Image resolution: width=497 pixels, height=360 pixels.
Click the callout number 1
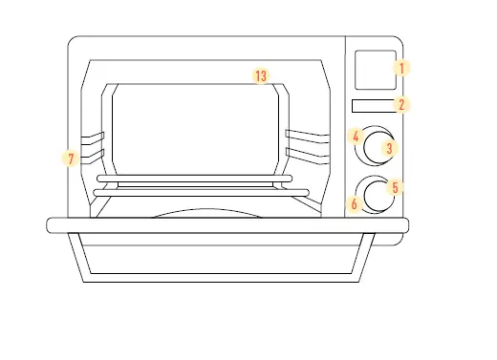click(x=401, y=68)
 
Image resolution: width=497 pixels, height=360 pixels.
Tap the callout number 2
click(x=401, y=105)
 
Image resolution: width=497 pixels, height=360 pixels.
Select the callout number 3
click(x=388, y=148)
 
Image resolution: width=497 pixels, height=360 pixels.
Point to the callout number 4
click(x=356, y=137)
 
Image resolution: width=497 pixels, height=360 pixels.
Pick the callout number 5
click(x=397, y=188)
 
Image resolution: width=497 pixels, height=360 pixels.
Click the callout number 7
click(x=69, y=159)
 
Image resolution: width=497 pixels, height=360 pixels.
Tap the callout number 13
click(x=260, y=75)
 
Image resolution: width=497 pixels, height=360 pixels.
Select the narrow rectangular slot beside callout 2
click(x=371, y=105)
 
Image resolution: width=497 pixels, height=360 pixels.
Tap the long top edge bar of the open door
click(x=227, y=224)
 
